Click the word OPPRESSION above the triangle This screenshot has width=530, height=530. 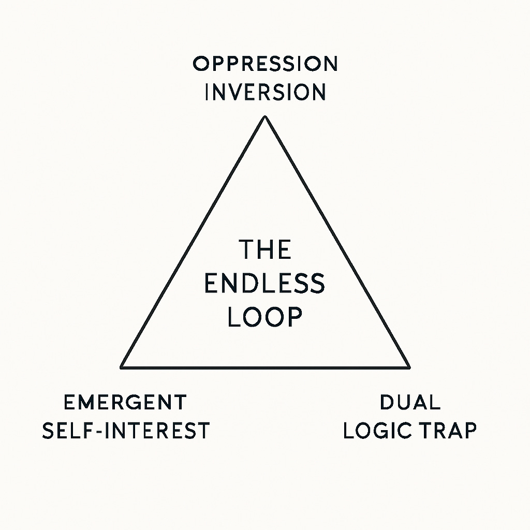(265, 64)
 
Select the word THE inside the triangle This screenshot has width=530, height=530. (265, 250)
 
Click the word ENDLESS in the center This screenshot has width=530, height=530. (265, 284)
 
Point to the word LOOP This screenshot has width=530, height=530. (265, 317)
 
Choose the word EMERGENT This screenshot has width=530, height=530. (125, 402)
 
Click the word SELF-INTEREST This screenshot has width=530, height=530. (126, 431)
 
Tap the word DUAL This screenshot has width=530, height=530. (410, 402)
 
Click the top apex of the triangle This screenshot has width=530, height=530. (265, 116)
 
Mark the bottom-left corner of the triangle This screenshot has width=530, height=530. (122, 367)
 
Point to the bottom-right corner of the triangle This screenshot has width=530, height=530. (409, 367)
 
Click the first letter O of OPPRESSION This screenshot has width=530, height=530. (200, 64)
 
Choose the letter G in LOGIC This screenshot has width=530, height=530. (385, 431)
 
